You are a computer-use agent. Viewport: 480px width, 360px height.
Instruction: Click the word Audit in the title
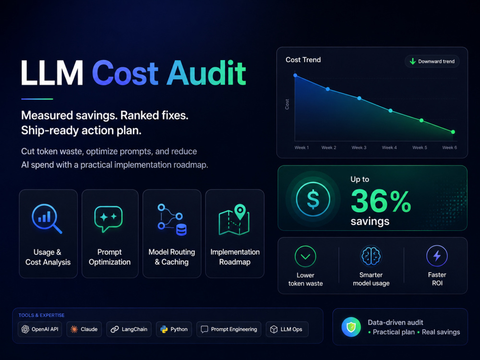click(206, 73)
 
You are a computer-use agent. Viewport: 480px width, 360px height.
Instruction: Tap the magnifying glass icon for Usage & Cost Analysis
click(47, 218)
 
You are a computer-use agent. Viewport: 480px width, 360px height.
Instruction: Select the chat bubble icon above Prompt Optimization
click(108, 218)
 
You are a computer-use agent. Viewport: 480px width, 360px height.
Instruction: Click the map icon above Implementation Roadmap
click(234, 219)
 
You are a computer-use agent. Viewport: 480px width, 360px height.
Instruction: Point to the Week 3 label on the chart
click(359, 147)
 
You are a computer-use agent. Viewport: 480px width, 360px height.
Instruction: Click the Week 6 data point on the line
click(453, 132)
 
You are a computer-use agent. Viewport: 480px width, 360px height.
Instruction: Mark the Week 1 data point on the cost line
click(295, 75)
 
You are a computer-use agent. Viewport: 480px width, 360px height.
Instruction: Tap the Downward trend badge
click(432, 61)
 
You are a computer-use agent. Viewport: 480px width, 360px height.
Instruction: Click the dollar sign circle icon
click(313, 199)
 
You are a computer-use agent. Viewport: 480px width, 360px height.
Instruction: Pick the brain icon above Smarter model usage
click(371, 256)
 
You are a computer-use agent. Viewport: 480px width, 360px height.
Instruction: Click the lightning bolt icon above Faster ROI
click(437, 256)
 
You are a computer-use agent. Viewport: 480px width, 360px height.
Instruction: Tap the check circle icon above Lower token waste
click(305, 256)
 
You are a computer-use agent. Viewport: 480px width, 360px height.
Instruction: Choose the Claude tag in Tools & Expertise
click(84, 329)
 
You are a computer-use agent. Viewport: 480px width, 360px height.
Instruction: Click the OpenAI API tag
click(40, 329)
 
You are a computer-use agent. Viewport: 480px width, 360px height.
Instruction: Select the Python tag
click(174, 329)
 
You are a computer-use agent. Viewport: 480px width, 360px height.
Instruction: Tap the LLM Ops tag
click(287, 329)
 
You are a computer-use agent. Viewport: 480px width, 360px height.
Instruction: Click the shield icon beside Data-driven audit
click(351, 327)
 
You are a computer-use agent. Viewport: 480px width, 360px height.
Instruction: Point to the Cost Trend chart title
click(303, 60)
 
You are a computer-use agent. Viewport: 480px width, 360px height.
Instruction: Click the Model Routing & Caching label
click(172, 257)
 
